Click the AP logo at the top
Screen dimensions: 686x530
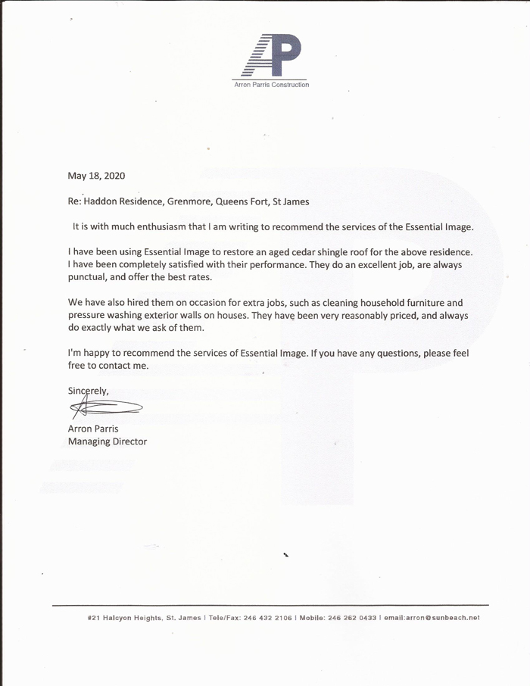pyautogui.click(x=270, y=57)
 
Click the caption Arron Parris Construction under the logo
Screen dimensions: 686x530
pyautogui.click(x=270, y=85)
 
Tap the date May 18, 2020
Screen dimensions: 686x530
pyautogui.click(x=96, y=176)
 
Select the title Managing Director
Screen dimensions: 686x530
pyautogui.click(x=108, y=441)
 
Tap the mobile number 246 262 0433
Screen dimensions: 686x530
pyautogui.click(x=351, y=618)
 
